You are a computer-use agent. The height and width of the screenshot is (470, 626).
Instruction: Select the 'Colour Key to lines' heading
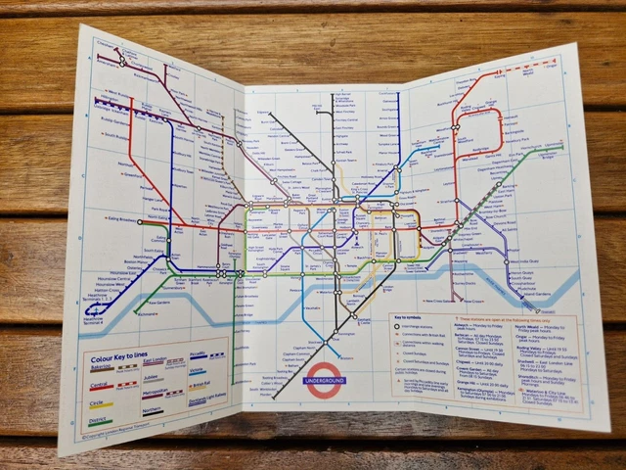click(116, 357)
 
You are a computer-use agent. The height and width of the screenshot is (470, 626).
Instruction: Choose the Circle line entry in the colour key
click(100, 403)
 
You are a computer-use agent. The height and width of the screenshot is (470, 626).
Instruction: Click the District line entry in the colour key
click(100, 421)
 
